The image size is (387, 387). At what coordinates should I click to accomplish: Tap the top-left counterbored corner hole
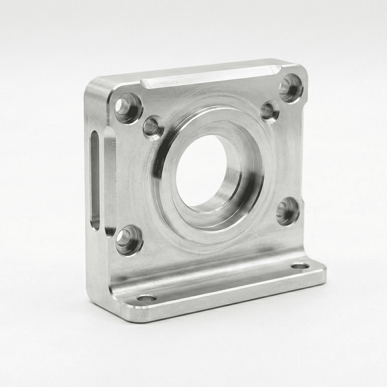pyautogui.click(x=128, y=108)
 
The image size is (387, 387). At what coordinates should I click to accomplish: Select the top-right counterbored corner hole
pyautogui.click(x=291, y=88)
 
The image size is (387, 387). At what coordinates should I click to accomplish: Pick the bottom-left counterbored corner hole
pyautogui.click(x=129, y=240)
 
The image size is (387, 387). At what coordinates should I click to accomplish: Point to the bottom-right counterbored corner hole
pyautogui.click(x=288, y=211)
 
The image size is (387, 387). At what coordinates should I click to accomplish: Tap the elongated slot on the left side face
pyautogui.click(x=95, y=180)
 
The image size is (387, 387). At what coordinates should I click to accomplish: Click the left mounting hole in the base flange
pyautogui.click(x=147, y=298)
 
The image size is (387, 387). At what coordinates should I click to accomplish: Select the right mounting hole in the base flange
pyautogui.click(x=300, y=266)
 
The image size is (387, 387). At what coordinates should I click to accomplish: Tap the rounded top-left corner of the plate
pyautogui.click(x=93, y=83)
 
